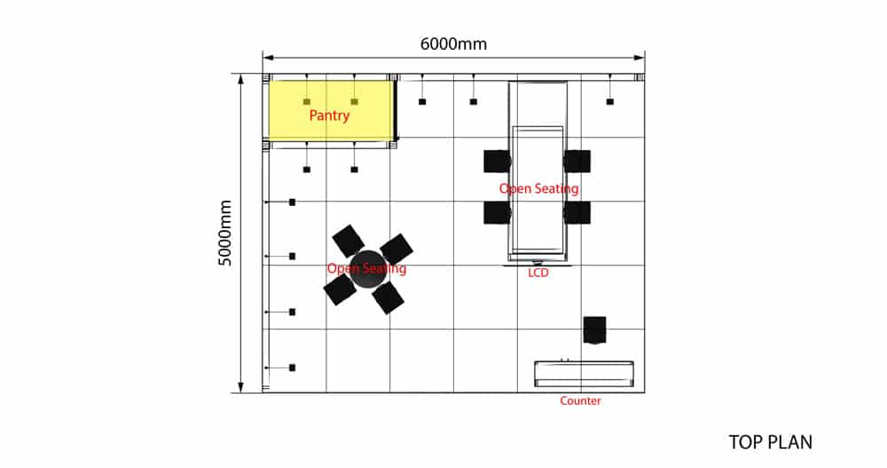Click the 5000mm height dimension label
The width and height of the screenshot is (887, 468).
226,233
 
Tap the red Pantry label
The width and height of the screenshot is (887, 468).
329,115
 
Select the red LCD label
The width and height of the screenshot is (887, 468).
538,273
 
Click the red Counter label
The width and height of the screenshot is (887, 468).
580,401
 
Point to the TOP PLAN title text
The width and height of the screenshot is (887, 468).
770,441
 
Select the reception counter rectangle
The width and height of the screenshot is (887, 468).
584,373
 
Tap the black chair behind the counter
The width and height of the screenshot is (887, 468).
594,329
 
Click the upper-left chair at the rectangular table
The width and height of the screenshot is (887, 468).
497,161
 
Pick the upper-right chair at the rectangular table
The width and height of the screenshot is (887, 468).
577,161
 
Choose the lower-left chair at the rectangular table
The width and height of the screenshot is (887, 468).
497,212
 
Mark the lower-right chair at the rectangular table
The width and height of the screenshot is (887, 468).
577,212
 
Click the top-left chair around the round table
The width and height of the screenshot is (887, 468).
349,241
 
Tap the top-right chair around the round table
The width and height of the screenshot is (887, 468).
396,249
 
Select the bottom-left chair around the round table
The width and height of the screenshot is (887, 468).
340,289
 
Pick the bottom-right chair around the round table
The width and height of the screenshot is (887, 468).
388,297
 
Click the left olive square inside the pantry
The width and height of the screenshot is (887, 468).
307,101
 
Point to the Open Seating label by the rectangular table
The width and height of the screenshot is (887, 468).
539,188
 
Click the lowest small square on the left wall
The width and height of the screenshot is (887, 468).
292,367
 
